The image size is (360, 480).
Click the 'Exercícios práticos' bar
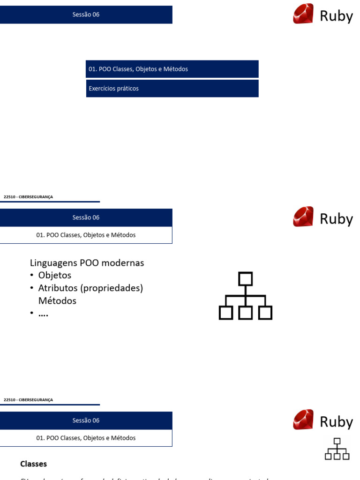[172, 89]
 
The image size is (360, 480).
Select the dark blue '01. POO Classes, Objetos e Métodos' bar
[172, 69]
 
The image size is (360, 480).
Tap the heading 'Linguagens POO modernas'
[87, 263]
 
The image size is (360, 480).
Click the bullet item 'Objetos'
[55, 275]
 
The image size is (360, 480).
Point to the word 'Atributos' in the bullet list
[58, 288]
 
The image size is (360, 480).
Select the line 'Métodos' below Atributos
[57, 300]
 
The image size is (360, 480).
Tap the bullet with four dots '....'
[43, 314]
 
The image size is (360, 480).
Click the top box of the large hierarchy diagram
[246, 279]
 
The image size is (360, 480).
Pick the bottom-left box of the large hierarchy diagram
[226, 313]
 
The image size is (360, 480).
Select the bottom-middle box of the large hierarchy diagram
[246, 313]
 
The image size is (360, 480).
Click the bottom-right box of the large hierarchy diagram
[265, 313]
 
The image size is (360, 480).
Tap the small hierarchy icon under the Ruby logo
[337, 449]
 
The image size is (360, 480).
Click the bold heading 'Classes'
[33, 464]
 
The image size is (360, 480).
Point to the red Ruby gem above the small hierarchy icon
[303, 420]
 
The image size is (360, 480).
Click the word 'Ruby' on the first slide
[336, 16]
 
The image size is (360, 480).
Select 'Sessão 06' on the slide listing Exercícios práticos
[86, 15]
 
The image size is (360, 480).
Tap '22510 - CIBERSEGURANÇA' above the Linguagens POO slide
[28, 197]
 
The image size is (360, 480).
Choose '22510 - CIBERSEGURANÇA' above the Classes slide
[28, 400]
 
